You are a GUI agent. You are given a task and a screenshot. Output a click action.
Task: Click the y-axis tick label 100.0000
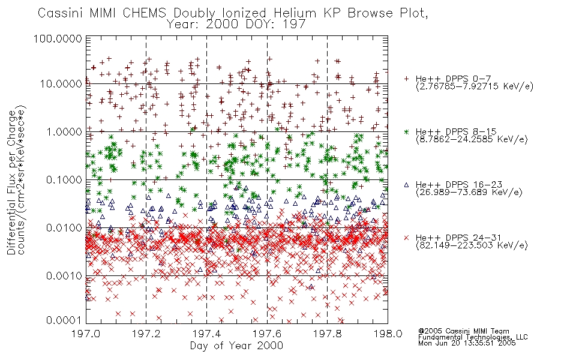click(x=58, y=38)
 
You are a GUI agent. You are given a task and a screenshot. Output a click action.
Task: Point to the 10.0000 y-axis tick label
click(x=61, y=84)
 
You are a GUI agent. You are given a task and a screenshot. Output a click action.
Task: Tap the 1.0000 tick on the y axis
click(x=64, y=131)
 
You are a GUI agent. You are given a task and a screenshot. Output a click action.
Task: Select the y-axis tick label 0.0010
click(x=64, y=276)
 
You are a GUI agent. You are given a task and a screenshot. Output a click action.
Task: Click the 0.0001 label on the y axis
click(x=64, y=320)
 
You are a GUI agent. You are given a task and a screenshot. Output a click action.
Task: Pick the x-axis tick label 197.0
click(x=86, y=334)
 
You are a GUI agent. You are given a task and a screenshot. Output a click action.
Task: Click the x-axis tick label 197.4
click(x=206, y=334)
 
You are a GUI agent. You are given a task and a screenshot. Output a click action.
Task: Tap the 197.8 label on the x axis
click(x=327, y=334)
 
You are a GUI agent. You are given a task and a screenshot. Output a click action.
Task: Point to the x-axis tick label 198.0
click(x=388, y=334)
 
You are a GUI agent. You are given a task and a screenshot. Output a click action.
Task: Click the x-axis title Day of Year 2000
click(x=236, y=346)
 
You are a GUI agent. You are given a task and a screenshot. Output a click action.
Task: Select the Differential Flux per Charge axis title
click(x=11, y=182)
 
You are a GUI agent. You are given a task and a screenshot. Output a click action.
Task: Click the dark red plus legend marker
click(x=406, y=79)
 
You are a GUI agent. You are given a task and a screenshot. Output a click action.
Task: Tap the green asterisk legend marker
click(x=406, y=131)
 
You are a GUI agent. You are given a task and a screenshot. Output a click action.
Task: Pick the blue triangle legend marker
click(x=406, y=185)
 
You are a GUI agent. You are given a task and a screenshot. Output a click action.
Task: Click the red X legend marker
click(x=406, y=238)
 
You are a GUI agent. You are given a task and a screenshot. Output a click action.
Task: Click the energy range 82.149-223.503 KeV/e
click(x=472, y=246)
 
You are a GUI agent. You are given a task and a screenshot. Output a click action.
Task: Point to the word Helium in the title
click(x=295, y=13)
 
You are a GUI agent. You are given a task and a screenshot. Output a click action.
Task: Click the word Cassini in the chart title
click(x=62, y=13)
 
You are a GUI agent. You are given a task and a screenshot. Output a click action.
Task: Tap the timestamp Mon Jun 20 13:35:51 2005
click(x=467, y=343)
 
